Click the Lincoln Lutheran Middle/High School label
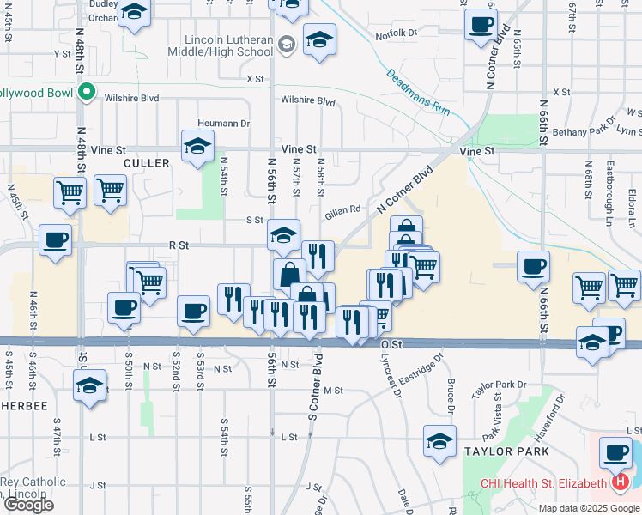pos(230,45)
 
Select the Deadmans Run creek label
pos(418,93)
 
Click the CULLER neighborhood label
pos(142,162)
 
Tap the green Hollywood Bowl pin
pos(86,92)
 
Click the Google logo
pos(27,505)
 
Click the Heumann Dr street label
pos(223,124)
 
